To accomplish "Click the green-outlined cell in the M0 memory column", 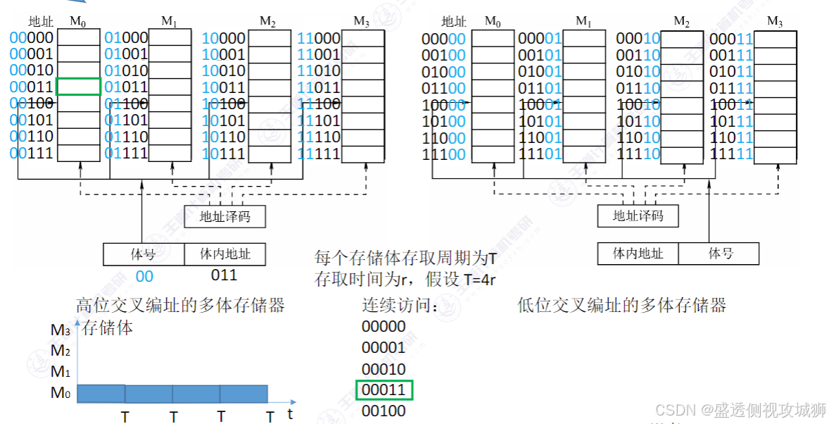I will (x=78, y=87).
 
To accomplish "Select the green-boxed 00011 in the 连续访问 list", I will (x=384, y=389).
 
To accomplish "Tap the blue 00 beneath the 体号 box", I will (x=144, y=276).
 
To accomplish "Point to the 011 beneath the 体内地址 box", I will (x=224, y=275).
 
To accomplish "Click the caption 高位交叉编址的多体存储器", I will (x=180, y=305).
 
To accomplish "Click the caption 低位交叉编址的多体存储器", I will (x=621, y=305).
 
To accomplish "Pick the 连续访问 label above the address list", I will (x=400, y=306).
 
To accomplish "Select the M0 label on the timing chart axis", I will (x=61, y=393).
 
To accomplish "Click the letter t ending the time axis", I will (x=289, y=414).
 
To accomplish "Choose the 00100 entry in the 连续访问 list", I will (x=384, y=411).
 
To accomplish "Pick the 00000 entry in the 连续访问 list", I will (x=384, y=326).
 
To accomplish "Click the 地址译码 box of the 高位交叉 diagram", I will (x=225, y=217).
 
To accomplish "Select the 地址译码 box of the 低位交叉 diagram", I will (x=638, y=216).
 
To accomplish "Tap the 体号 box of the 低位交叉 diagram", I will (x=719, y=254).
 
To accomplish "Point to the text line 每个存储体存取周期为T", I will (x=405, y=258).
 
